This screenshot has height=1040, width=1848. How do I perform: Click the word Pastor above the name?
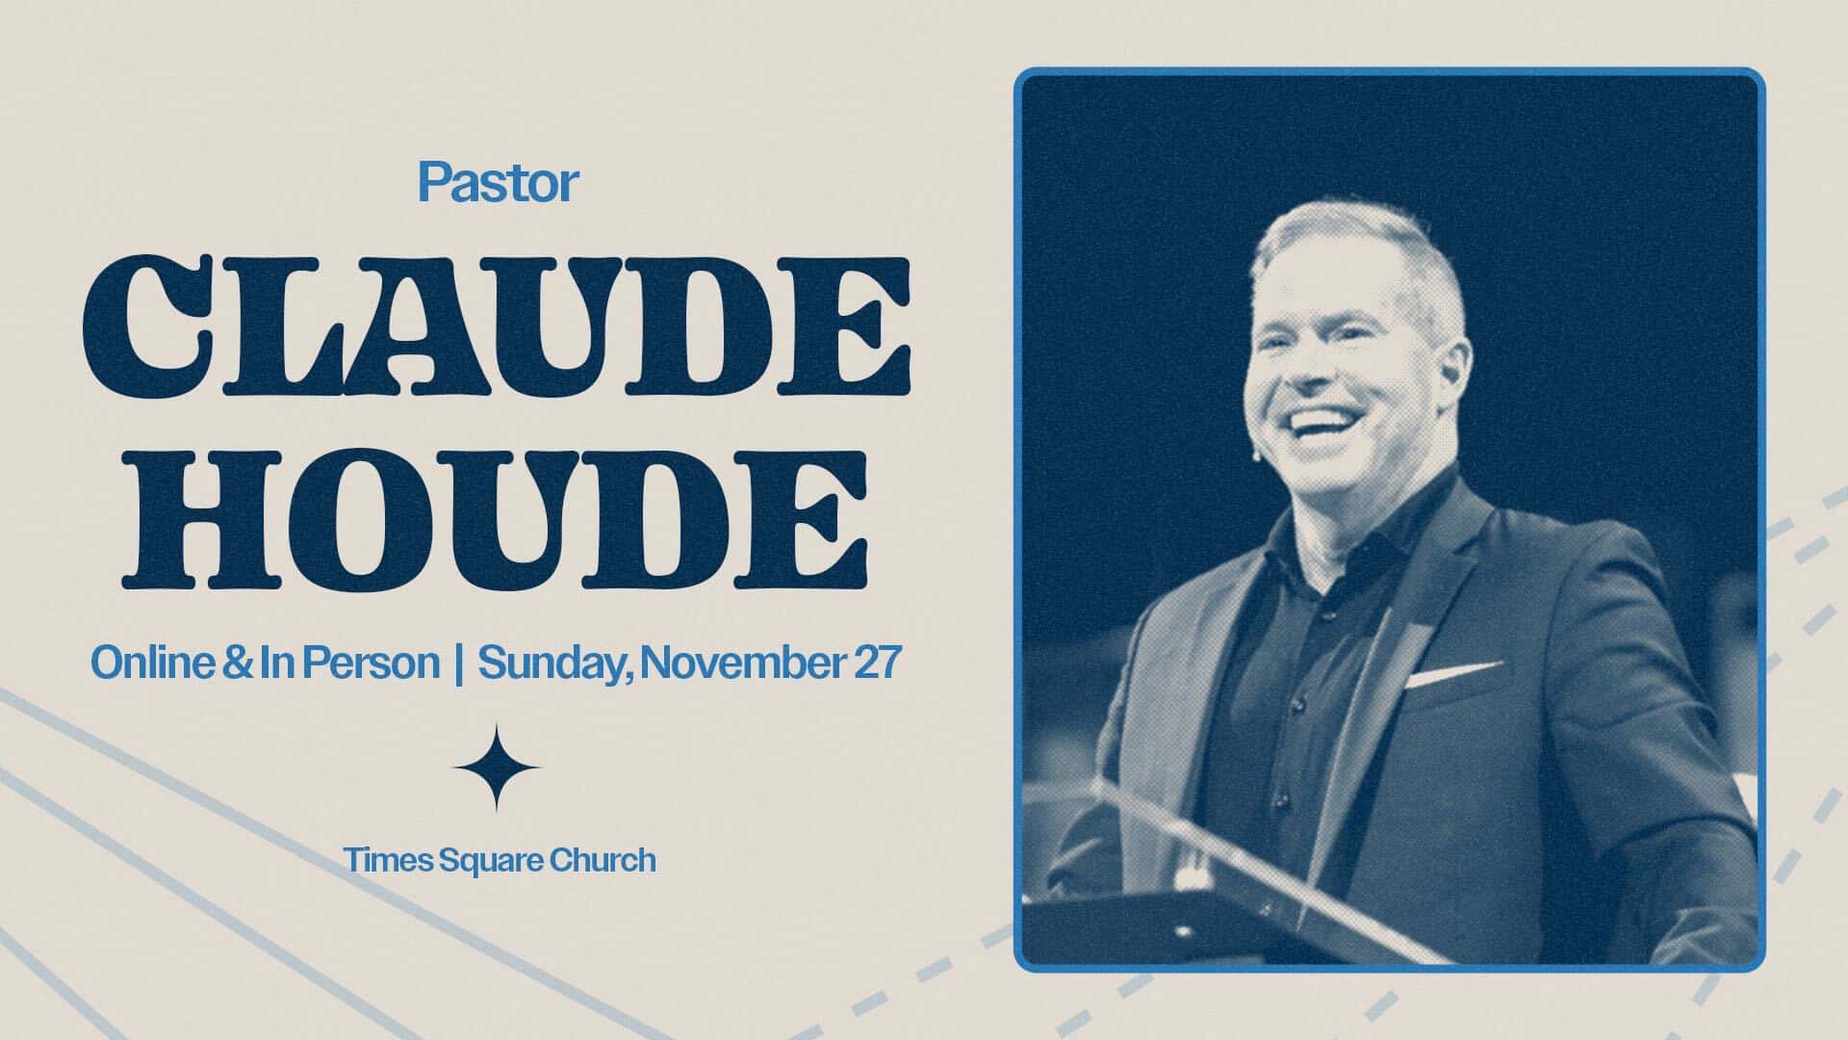(498, 183)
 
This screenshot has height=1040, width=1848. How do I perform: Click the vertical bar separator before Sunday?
(458, 663)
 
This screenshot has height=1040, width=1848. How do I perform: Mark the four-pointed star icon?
(497, 767)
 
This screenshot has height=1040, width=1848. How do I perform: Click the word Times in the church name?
(388, 859)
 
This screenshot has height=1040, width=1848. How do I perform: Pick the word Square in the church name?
(491, 860)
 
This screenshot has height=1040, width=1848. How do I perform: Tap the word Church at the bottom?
(603, 859)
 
